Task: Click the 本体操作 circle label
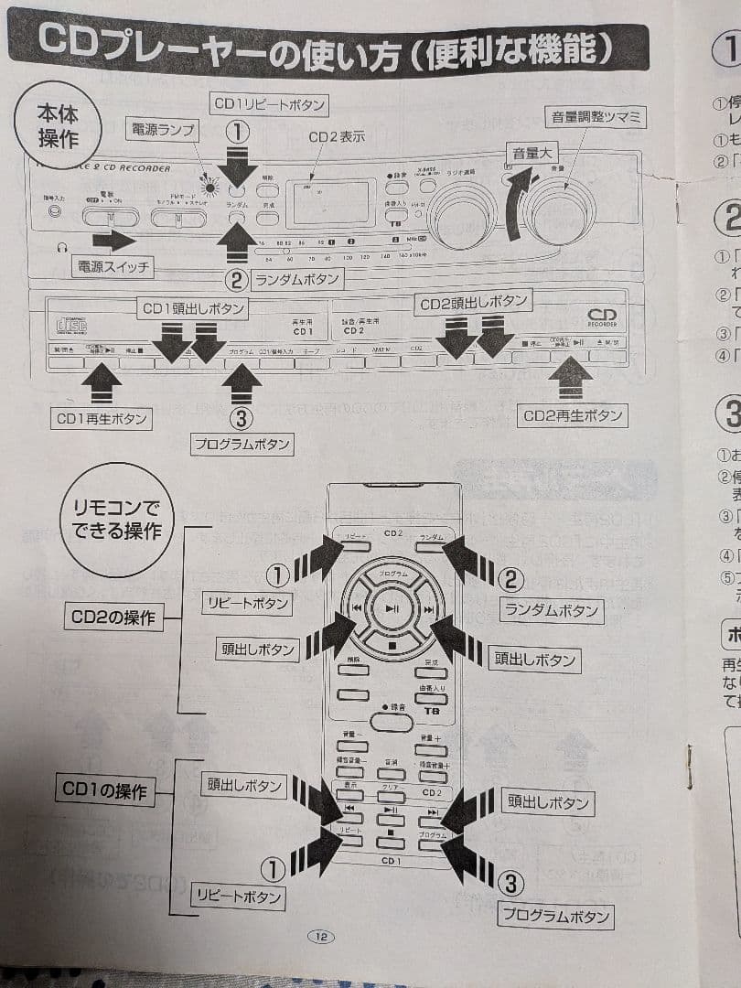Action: [x=57, y=124]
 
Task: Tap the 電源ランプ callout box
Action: [x=163, y=130]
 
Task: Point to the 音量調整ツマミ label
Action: [x=596, y=117]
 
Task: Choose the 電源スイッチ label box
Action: [x=112, y=267]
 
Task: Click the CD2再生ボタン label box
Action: [x=572, y=415]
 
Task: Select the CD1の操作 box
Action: [x=104, y=790]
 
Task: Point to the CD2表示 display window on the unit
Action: [x=328, y=203]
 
